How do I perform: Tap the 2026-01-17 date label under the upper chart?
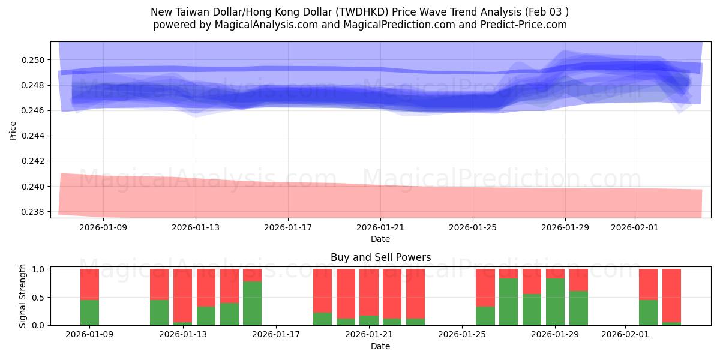tap(288, 227)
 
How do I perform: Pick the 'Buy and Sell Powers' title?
tap(380, 257)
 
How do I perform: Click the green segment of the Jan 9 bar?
tap(89, 313)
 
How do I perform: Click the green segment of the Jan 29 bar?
tap(555, 302)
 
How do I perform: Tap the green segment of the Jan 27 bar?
tap(508, 302)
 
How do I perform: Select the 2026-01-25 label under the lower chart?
tap(463, 335)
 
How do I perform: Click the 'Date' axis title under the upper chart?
tap(380, 239)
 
